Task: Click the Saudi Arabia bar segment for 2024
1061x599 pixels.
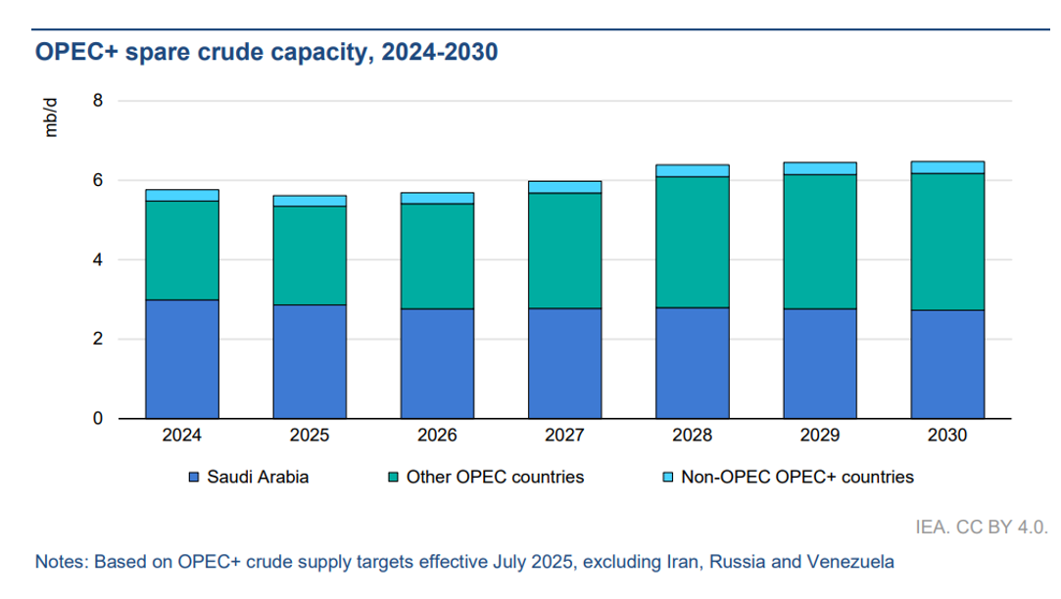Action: (182, 359)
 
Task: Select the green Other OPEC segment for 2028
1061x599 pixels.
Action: (692, 242)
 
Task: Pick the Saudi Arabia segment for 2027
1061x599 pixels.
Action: (564, 363)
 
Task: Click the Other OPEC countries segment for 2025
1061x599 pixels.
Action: (310, 255)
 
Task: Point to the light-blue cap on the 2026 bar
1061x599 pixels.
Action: (437, 198)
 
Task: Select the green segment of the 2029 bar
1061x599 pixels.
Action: (819, 242)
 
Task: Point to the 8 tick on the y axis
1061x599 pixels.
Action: (97, 101)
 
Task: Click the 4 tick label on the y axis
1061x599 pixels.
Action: (97, 260)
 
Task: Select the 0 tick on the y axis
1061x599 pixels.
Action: (97, 419)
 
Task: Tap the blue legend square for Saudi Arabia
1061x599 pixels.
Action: (194, 478)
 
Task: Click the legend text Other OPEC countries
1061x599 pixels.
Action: (495, 478)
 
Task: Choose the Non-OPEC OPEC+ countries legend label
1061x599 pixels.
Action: (796, 478)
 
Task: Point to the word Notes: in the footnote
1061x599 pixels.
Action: (62, 562)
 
